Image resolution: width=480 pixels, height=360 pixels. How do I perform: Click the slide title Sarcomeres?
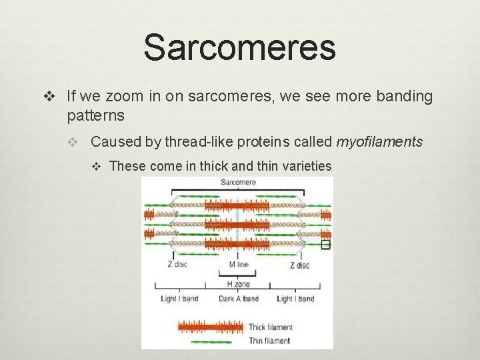tap(239, 47)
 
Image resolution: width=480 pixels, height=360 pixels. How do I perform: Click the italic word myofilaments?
tap(379, 141)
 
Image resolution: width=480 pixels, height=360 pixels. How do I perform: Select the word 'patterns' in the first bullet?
tap(95, 115)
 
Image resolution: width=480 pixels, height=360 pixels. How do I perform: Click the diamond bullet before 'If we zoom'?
tap(47, 97)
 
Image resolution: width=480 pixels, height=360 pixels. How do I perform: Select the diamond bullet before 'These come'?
tap(97, 166)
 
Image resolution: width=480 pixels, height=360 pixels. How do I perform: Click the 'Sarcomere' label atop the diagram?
tap(238, 182)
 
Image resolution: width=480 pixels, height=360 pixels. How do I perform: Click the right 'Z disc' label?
tap(299, 265)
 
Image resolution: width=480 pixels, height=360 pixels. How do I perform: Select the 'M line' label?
tap(238, 265)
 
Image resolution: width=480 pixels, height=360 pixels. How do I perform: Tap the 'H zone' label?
tap(238, 283)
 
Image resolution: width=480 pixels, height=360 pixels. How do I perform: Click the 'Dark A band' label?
tap(238, 299)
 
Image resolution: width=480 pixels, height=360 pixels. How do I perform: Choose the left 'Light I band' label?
tap(179, 299)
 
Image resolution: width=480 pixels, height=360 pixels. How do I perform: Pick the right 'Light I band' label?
tap(295, 299)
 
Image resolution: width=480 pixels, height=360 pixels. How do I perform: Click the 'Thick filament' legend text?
tap(270, 327)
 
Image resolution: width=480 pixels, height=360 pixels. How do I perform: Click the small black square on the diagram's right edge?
tap(325, 245)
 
